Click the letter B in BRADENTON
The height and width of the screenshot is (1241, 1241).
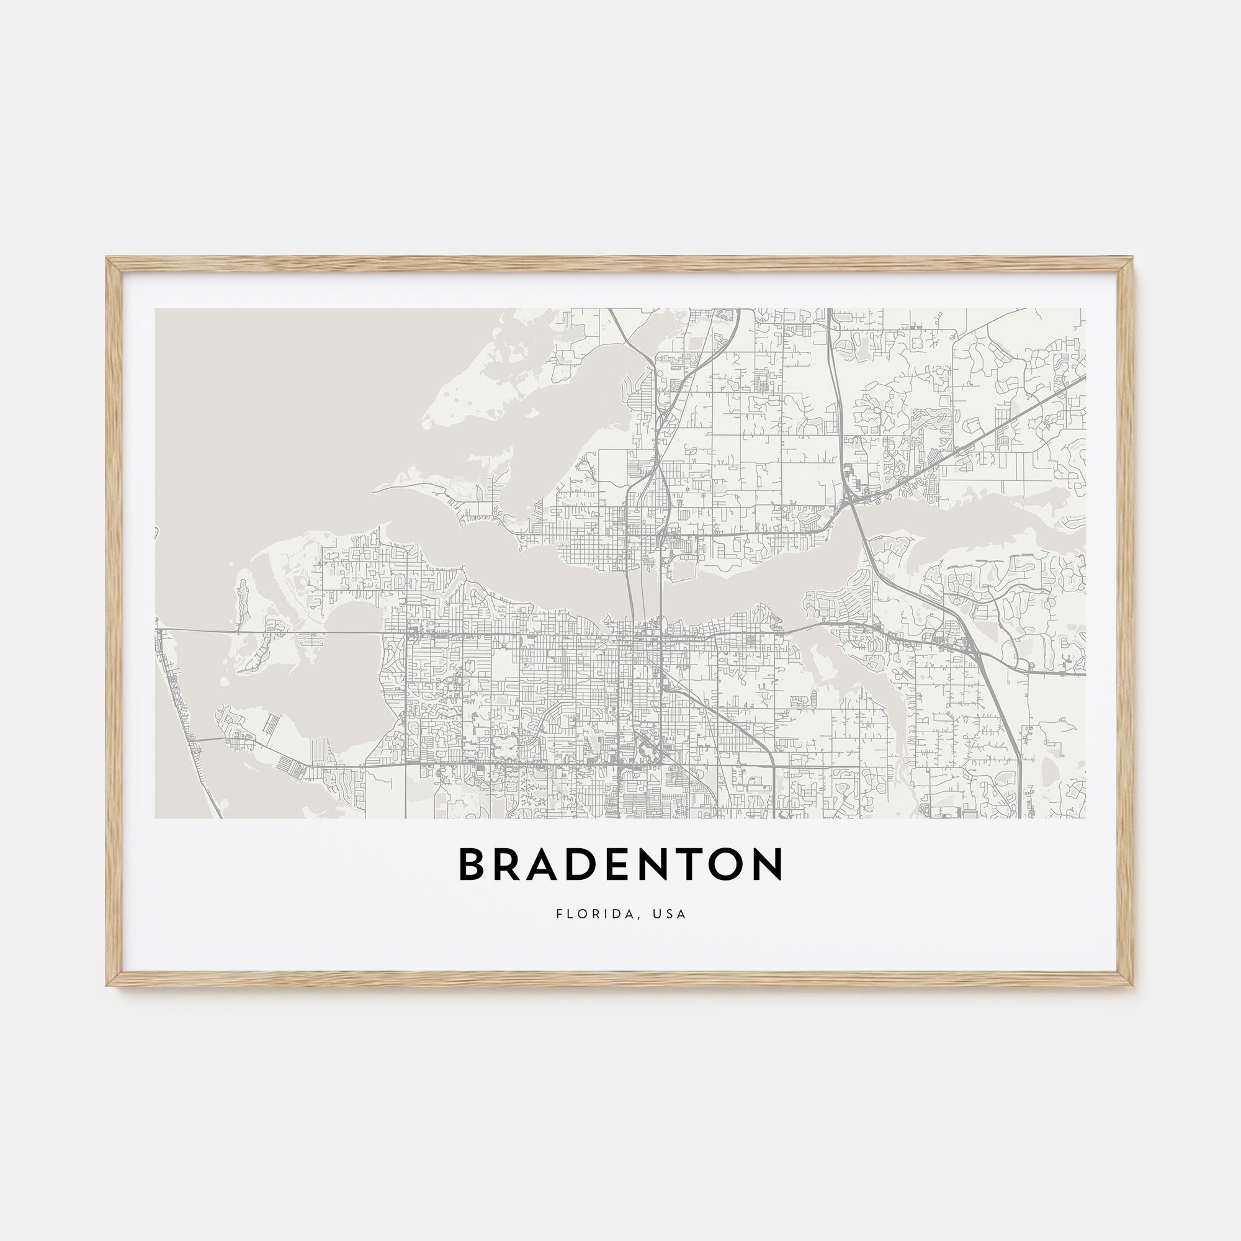(x=472, y=864)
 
